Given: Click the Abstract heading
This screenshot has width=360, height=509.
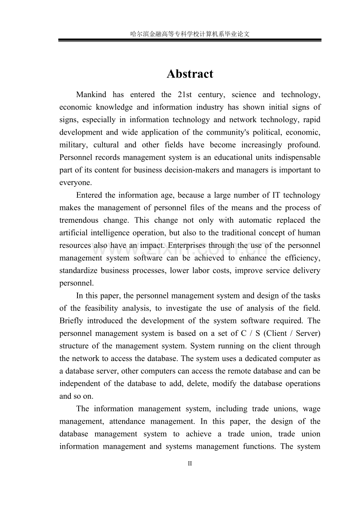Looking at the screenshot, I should (x=190, y=74).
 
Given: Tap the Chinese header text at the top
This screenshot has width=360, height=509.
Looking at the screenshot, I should (x=190, y=34).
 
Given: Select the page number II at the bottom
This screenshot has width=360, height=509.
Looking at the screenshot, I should (x=190, y=464).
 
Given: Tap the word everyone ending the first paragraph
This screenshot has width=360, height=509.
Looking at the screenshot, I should (x=76, y=182).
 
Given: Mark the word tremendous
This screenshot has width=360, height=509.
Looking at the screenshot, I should (x=78, y=220).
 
